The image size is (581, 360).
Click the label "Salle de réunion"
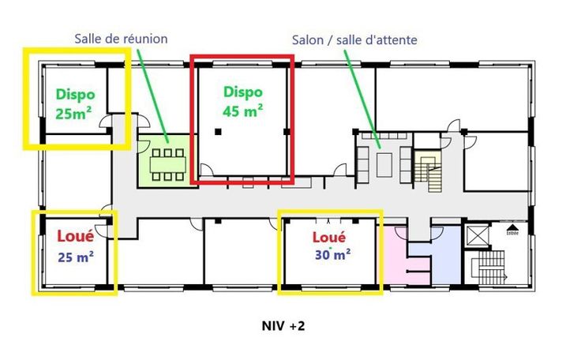122,39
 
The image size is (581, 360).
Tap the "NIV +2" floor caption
283,325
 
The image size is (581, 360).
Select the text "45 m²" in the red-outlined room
243,111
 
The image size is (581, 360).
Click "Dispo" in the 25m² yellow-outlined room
75,93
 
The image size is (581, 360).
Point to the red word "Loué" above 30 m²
331,236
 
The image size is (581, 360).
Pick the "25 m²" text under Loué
76,257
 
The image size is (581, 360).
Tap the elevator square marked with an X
478,235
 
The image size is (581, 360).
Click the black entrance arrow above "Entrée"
511,227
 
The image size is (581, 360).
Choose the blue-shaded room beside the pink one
442,257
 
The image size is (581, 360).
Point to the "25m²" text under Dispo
74,113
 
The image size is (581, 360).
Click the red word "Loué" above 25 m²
76,235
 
